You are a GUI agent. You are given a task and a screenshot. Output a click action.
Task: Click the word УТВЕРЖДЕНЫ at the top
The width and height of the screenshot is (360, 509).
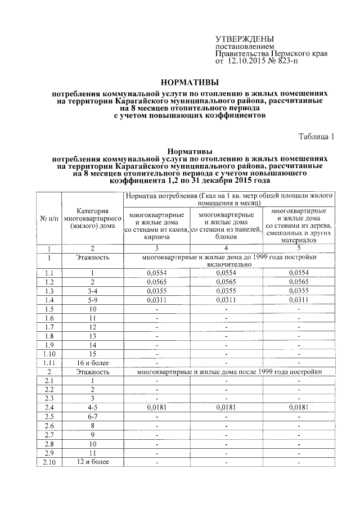tap(241, 38)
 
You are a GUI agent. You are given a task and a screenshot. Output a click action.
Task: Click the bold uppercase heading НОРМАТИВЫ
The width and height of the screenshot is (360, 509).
tap(186, 82)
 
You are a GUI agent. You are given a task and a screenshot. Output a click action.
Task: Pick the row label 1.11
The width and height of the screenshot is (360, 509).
tap(48, 363)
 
